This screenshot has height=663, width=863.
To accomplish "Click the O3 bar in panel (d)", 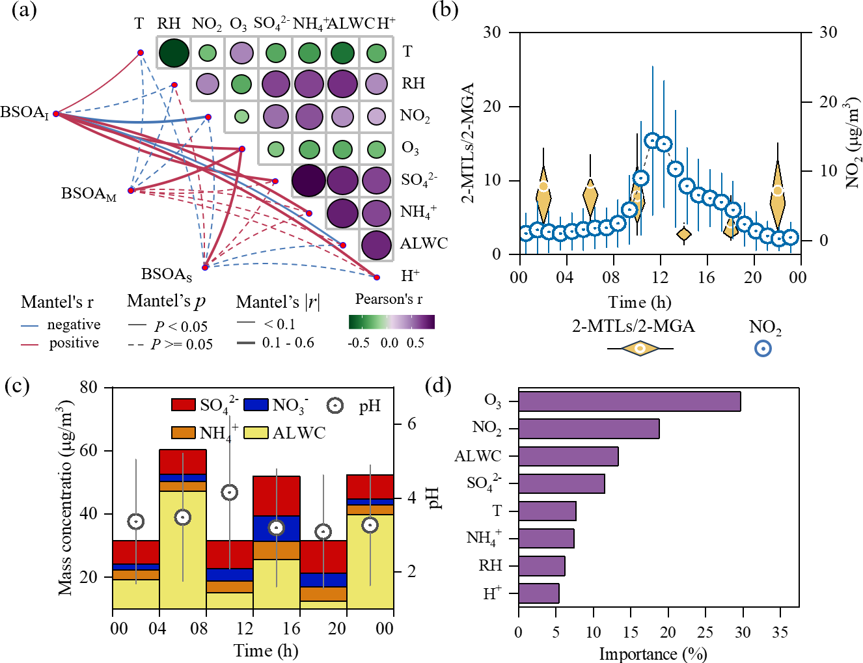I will [x=629, y=401].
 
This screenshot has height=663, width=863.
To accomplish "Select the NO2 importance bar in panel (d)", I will [x=588, y=429].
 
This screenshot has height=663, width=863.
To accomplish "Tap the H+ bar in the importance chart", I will [x=538, y=593].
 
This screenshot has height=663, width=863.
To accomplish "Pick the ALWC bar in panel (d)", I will [x=568, y=456].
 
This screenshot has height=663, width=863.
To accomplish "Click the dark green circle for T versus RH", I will [x=174, y=53].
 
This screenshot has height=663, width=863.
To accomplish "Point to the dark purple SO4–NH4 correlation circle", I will [x=308, y=181].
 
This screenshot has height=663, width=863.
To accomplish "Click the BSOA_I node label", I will [x=25, y=113].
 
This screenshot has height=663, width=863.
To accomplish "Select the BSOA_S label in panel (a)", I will [x=167, y=275].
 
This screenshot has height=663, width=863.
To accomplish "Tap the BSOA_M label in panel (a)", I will [x=89, y=194].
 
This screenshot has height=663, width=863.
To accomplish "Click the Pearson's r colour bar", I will [x=391, y=322].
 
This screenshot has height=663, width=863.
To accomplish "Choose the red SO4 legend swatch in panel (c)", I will [x=184, y=405].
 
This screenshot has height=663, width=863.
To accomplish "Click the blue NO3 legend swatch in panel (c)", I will [x=256, y=405].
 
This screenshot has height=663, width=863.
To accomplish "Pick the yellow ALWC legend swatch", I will [x=256, y=433].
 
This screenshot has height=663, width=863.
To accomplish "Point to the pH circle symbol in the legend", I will [x=335, y=405].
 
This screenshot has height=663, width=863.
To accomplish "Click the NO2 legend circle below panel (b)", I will [x=763, y=348].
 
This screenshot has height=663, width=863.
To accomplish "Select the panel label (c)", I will [x=16, y=386].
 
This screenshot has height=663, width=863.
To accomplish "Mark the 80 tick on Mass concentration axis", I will [x=89, y=387].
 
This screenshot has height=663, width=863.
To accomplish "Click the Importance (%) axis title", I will [x=652, y=653].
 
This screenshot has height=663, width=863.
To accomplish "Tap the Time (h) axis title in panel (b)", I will [x=639, y=302].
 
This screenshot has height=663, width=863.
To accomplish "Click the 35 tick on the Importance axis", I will [x=780, y=632].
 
